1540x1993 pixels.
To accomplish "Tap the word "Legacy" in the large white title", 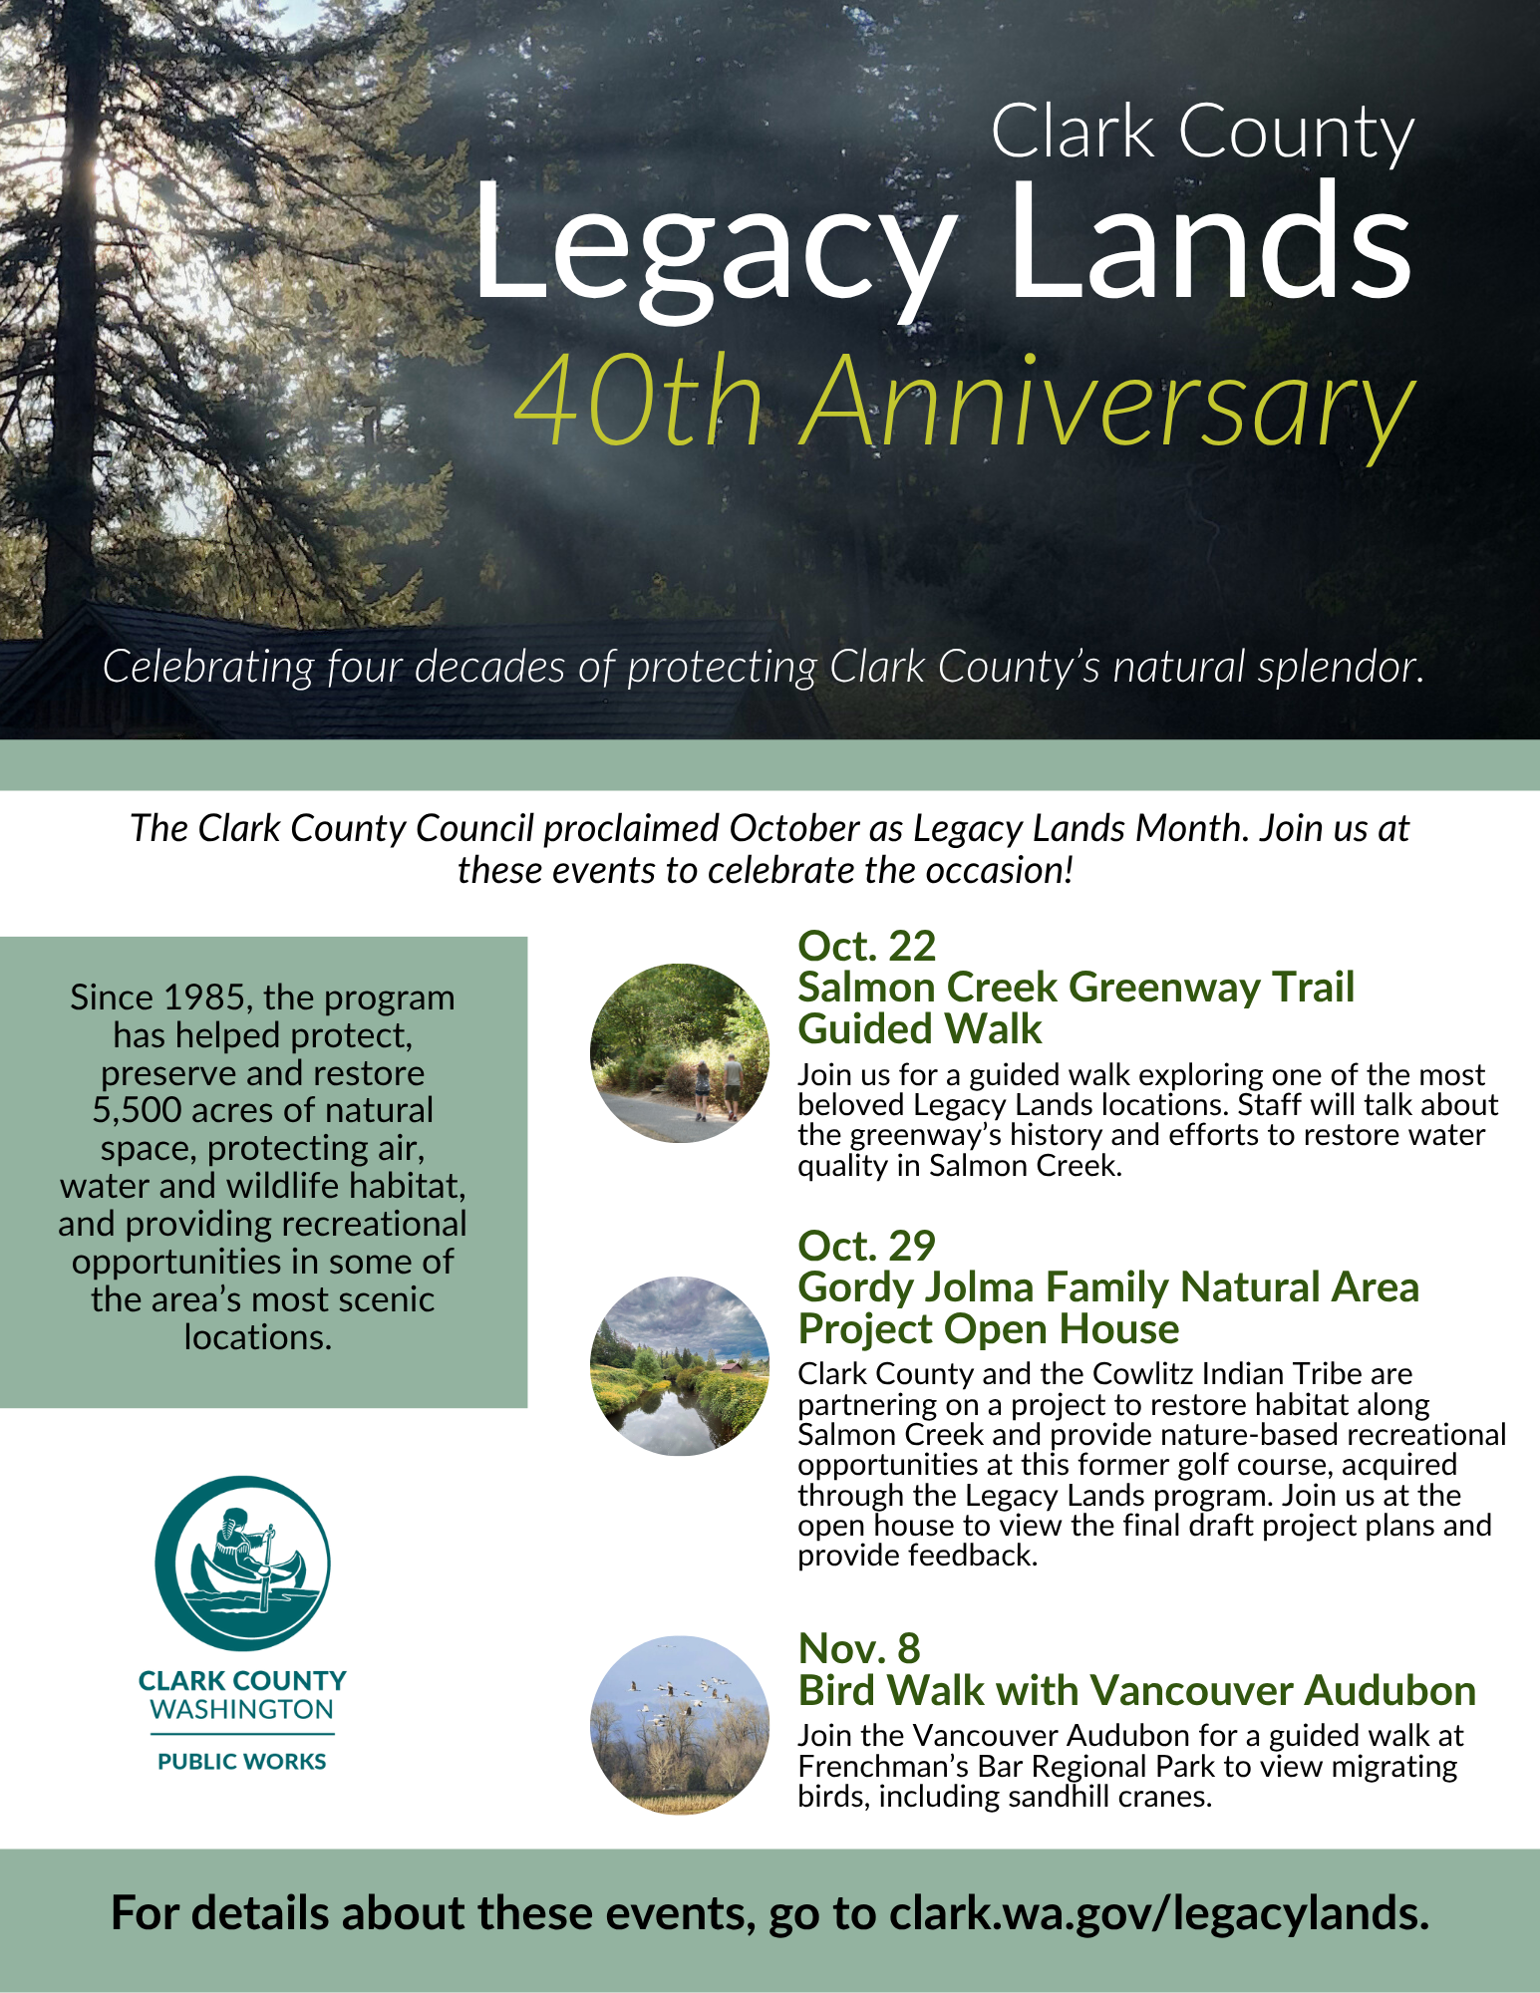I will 713,249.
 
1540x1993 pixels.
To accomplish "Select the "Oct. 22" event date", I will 866,947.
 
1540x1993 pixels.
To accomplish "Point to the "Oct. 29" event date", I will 866,1247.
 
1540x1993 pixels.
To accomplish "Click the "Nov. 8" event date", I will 858,1649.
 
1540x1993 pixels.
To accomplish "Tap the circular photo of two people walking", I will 680,1053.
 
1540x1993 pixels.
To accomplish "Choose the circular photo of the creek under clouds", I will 680,1366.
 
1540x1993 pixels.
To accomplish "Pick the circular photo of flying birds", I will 680,1725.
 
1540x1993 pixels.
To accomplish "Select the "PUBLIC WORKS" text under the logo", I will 242,1762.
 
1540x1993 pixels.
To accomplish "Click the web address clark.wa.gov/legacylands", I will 1159,1914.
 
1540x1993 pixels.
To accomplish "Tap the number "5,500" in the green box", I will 138,1111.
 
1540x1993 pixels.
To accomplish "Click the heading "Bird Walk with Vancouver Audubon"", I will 1136,1691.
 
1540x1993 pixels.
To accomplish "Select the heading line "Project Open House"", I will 988,1329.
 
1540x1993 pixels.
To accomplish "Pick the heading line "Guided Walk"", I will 919,1029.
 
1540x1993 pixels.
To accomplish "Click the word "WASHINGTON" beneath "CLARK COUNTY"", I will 242,1710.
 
